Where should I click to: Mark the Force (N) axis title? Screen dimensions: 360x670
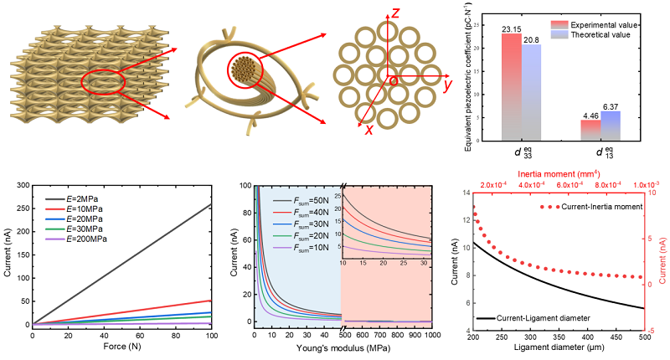[122, 347]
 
